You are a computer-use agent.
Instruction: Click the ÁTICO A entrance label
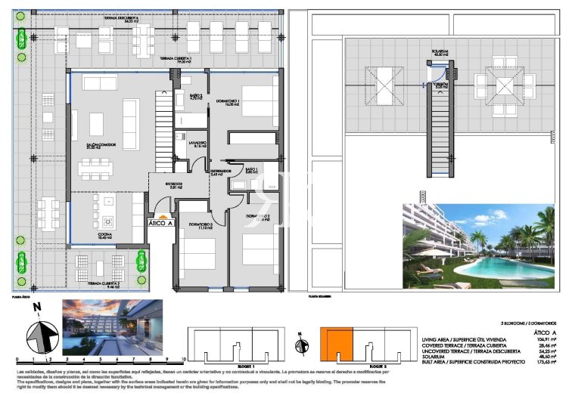tap(160, 223)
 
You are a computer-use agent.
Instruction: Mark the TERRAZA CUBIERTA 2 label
tap(101, 285)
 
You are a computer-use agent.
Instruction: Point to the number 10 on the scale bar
tap(184, 360)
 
